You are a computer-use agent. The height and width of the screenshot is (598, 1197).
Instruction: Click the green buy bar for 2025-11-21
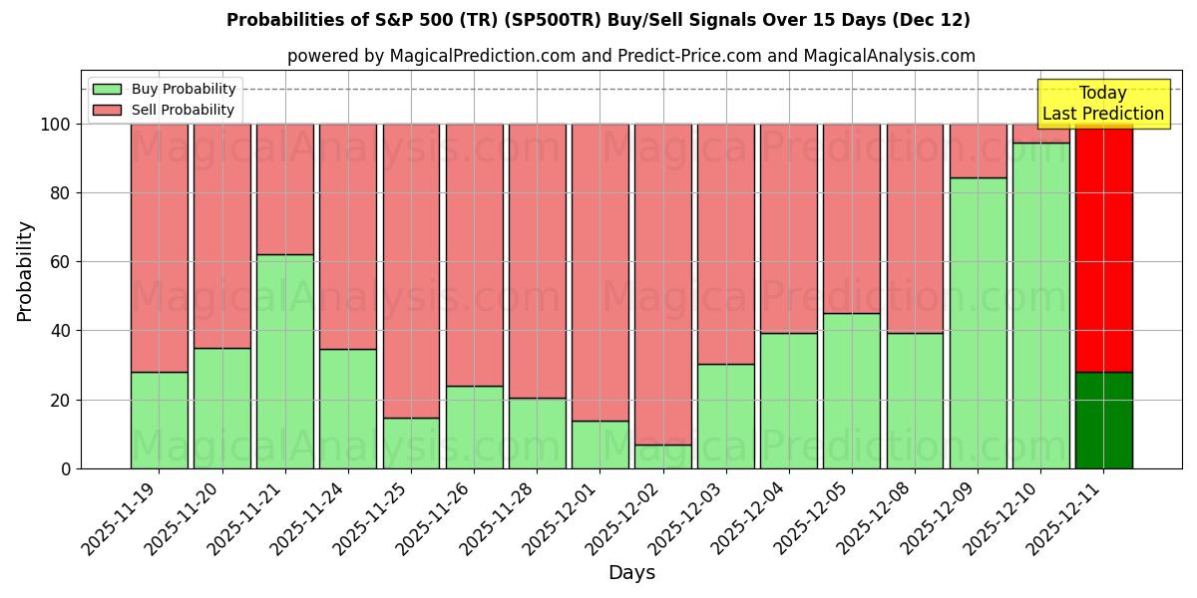click(285, 361)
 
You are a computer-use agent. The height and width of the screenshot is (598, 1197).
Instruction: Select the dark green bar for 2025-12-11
click(1103, 420)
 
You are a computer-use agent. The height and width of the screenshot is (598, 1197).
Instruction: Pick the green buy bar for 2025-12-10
click(1040, 305)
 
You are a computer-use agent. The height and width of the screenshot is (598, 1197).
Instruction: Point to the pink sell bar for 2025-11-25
click(411, 270)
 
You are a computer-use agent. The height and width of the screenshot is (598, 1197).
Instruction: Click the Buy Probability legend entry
click(164, 89)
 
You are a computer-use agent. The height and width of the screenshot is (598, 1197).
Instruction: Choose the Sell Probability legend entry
click(164, 110)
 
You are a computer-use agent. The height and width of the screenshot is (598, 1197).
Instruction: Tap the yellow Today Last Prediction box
click(1102, 104)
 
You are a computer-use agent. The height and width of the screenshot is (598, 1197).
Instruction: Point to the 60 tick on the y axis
click(63, 262)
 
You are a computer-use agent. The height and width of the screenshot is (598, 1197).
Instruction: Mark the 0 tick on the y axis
click(67, 468)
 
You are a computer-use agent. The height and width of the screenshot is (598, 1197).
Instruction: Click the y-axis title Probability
click(25, 271)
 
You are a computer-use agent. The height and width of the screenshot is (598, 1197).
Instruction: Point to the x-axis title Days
click(631, 573)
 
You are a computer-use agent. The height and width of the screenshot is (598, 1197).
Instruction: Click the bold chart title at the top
click(598, 20)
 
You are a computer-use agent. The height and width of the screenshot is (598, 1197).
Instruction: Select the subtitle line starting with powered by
click(630, 56)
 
